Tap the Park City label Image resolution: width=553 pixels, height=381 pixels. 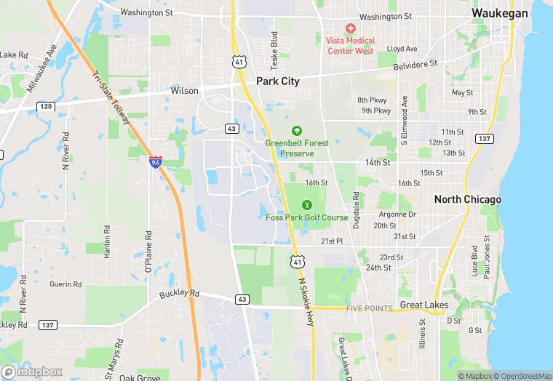pyautogui.click(x=277, y=81)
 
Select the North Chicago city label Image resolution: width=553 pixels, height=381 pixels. pyautogui.click(x=467, y=199)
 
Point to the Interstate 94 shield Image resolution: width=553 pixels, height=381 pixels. pyautogui.click(x=156, y=162)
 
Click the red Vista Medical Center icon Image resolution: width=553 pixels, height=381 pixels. pyautogui.click(x=350, y=28)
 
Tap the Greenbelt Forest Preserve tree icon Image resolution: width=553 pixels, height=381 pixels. pyautogui.click(x=296, y=131)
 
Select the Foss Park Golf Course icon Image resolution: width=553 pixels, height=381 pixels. pyautogui.click(x=306, y=205)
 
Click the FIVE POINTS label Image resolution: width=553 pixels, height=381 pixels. pyautogui.click(x=370, y=308)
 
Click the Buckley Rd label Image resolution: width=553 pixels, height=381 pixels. pyautogui.click(x=179, y=294)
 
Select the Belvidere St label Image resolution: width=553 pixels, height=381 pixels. pyautogui.click(x=413, y=64)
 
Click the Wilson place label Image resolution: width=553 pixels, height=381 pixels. pyautogui.click(x=184, y=91)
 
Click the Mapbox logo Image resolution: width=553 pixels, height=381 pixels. pyautogui.click(x=31, y=372)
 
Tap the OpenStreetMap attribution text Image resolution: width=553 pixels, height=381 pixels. pyautogui.click(x=520, y=376)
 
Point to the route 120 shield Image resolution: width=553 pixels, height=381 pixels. pyautogui.click(x=45, y=106)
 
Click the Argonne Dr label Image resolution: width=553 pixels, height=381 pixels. pyautogui.click(x=397, y=214)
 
